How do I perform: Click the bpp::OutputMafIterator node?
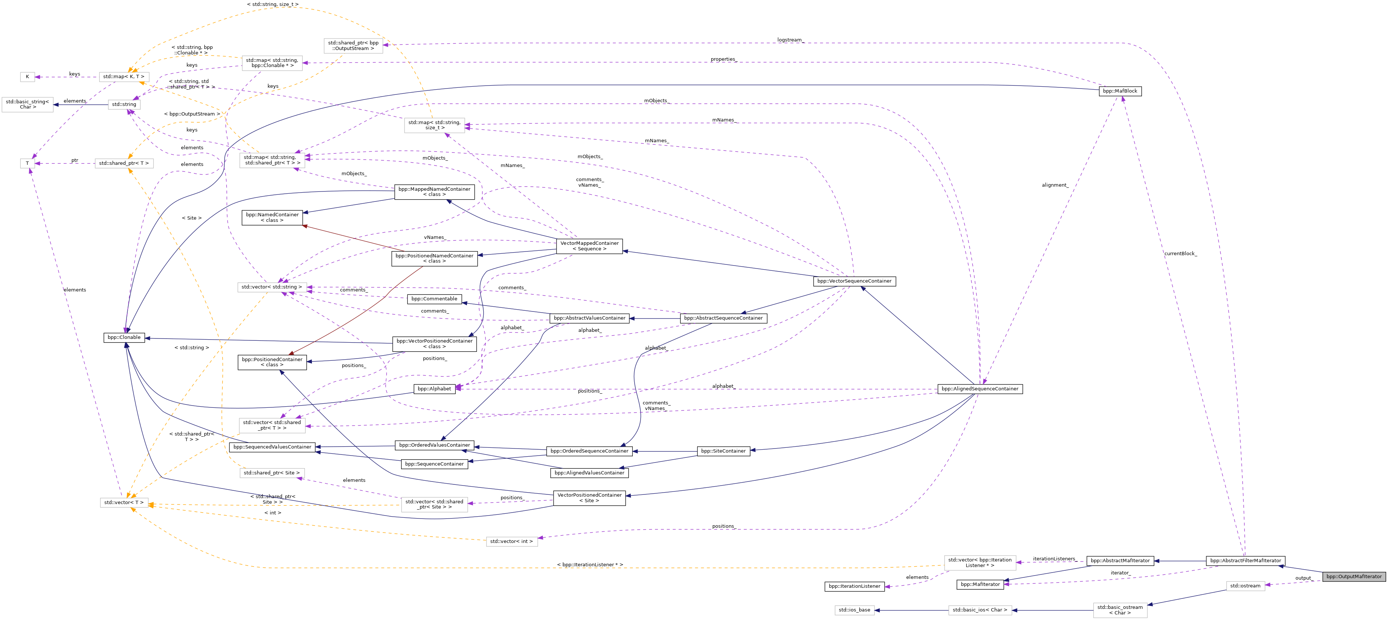point(1354,576)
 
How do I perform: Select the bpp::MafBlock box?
point(1120,91)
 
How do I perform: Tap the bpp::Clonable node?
point(124,337)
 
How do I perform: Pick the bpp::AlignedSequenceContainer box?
point(979,389)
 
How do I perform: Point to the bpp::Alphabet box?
point(434,389)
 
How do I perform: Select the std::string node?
point(124,104)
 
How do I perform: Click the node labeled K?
point(27,77)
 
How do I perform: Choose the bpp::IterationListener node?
point(854,586)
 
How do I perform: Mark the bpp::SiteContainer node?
point(723,451)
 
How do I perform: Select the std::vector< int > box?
point(511,541)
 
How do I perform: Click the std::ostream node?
point(1245,586)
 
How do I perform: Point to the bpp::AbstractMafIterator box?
point(1120,561)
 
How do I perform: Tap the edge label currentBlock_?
point(1180,253)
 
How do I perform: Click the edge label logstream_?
point(790,40)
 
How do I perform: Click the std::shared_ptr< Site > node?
point(272,473)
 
